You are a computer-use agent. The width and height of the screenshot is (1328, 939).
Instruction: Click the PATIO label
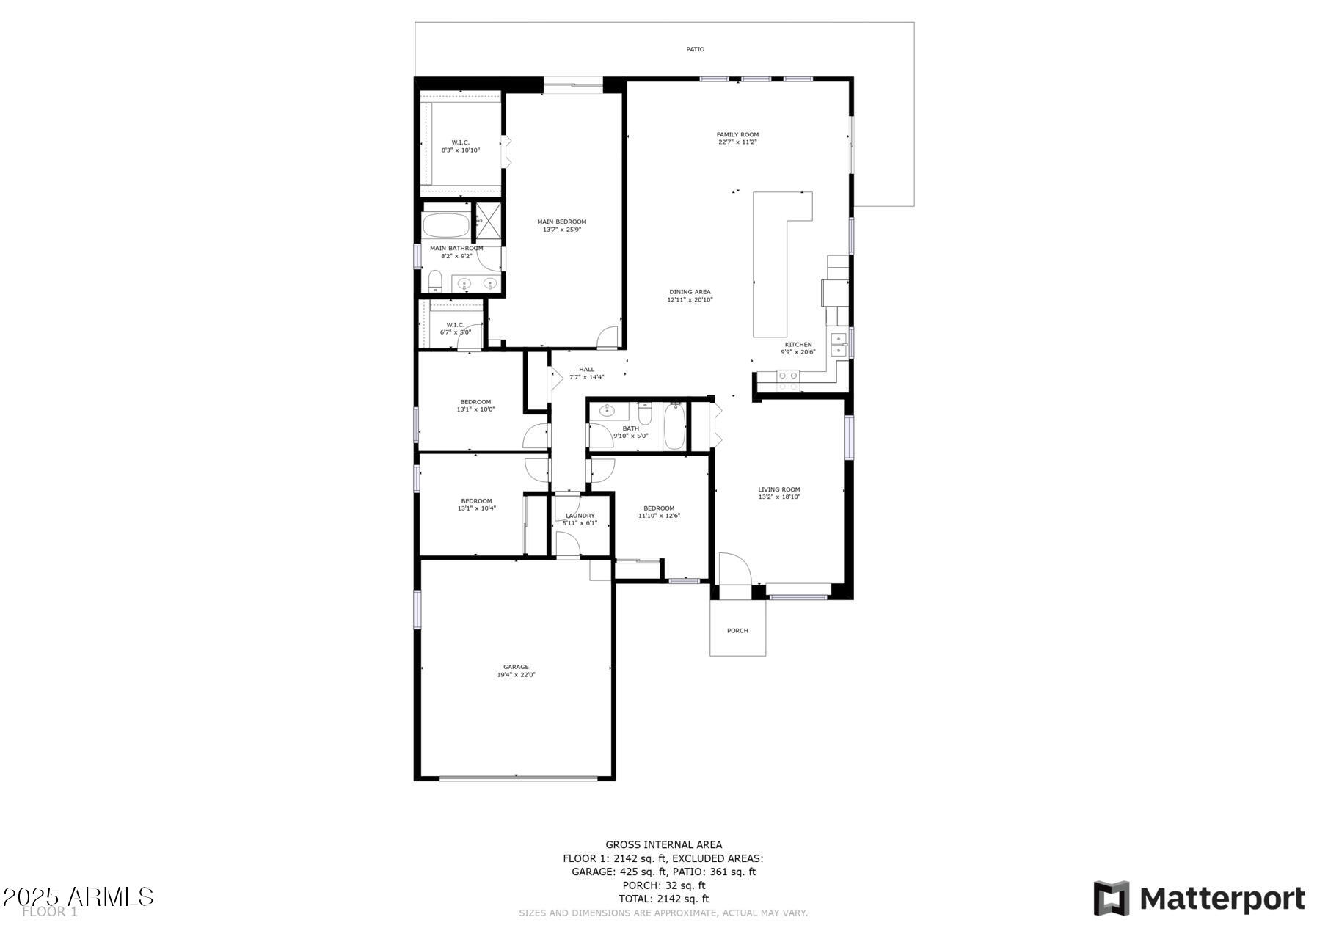pyautogui.click(x=695, y=49)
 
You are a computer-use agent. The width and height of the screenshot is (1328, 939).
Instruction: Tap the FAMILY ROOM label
pyautogui.click(x=737, y=135)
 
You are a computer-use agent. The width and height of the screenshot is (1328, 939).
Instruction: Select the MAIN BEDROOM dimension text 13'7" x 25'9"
pyautogui.click(x=561, y=230)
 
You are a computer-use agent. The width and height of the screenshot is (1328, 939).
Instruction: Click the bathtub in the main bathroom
pyautogui.click(x=446, y=225)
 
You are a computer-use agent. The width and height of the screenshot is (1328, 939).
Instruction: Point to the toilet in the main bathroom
pyautogui.click(x=434, y=280)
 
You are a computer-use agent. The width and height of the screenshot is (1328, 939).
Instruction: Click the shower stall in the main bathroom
pyautogui.click(x=488, y=219)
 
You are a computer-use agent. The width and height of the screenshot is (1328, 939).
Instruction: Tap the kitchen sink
pyautogui.click(x=838, y=344)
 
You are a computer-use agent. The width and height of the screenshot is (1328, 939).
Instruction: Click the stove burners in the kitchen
pyautogui.click(x=788, y=380)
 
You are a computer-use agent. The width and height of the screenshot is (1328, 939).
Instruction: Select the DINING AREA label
pyautogui.click(x=690, y=292)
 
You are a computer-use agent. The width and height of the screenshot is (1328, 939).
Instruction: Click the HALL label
pyautogui.click(x=586, y=370)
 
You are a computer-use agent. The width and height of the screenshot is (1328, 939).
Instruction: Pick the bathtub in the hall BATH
pyautogui.click(x=674, y=428)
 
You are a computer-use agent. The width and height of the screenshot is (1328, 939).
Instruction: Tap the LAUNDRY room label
pyautogui.click(x=580, y=516)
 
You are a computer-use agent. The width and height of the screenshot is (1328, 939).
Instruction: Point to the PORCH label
pyautogui.click(x=737, y=631)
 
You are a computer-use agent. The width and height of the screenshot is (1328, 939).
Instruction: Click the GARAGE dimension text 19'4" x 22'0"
pyautogui.click(x=516, y=675)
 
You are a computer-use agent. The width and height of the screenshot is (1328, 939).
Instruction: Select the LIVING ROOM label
pyautogui.click(x=778, y=489)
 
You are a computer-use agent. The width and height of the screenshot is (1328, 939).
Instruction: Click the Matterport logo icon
pyautogui.click(x=1111, y=898)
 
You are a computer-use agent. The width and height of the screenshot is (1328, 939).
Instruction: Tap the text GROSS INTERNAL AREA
pyautogui.click(x=663, y=845)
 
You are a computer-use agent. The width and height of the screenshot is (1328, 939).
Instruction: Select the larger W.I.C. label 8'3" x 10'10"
pyautogui.click(x=460, y=150)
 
